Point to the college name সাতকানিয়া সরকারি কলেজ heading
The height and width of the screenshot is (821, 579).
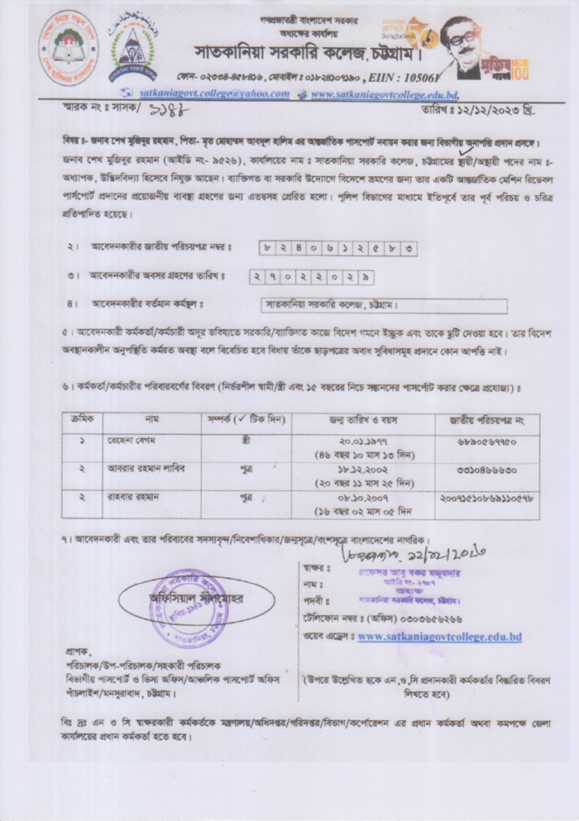306,49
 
